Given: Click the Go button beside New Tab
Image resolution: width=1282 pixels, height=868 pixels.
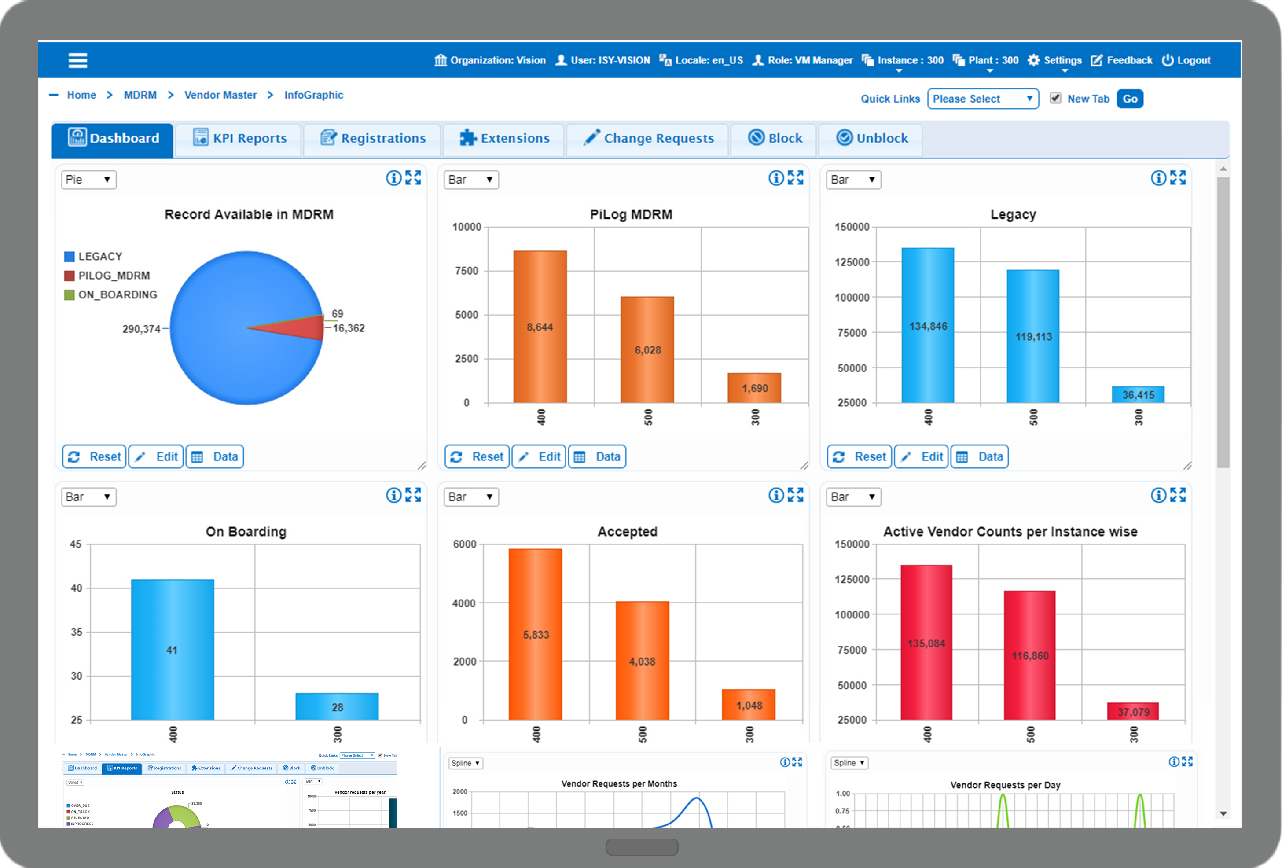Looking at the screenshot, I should pos(1129,99).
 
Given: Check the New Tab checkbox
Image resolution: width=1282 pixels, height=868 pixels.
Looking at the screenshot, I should pos(1055,98).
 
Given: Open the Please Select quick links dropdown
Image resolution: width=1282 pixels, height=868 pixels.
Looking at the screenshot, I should pos(982,99).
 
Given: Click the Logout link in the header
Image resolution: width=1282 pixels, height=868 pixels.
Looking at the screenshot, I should pos(1186,60).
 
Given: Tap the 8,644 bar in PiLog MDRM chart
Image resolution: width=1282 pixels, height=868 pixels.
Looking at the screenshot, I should pos(540,327).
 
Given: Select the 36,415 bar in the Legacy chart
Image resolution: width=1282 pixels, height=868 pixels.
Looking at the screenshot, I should pos(1138,394).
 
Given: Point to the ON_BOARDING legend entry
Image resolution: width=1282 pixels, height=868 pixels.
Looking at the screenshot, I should pos(111,294).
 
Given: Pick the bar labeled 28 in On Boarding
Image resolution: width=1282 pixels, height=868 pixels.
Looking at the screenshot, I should pos(337,706).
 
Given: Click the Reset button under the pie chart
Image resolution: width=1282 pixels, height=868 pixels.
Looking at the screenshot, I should pos(94,457).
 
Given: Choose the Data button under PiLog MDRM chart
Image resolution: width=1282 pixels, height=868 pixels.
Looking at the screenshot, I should pos(597,457).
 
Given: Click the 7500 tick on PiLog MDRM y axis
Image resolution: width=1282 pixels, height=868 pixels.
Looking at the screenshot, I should pos(466,271).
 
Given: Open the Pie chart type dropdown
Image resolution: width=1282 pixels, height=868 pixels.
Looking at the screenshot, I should pos(88,179).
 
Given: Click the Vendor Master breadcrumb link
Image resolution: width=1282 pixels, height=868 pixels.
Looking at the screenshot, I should pos(220,95).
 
